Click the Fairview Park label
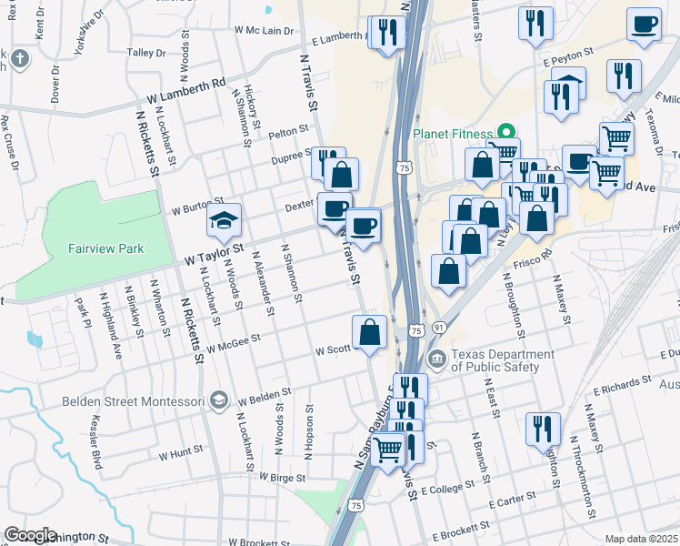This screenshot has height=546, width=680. click(105, 248)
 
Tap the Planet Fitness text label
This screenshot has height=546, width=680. click(452, 133)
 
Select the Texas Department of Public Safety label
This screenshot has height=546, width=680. click(503, 360)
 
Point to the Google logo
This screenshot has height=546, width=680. click(30, 535)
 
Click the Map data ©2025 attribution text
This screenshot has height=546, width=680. click(640, 539)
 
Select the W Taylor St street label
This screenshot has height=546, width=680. click(215, 248)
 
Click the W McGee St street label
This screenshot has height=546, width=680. click(234, 341)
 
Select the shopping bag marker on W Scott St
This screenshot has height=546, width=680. click(370, 332)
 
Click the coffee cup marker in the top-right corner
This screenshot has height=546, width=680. click(644, 25)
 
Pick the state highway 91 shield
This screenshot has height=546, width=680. click(439, 327)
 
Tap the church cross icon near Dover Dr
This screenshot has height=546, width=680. click(18, 61)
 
